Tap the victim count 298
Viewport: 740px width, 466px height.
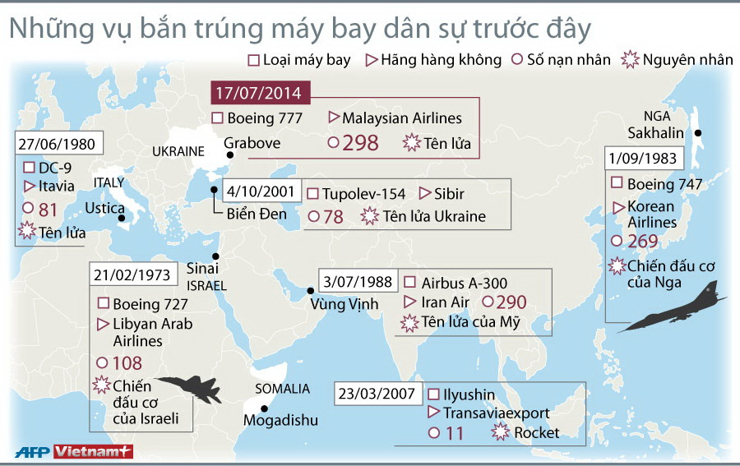coord(360,143)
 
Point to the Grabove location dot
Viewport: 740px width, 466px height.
coord(231,155)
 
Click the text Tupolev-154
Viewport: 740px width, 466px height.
coord(363,194)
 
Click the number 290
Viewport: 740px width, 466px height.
coord(511,302)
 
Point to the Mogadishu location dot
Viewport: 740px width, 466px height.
coord(265,408)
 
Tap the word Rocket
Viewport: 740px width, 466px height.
coord(537,432)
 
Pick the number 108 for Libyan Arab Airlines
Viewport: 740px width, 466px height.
coord(127,362)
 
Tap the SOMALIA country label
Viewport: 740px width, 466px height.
coord(282,388)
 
